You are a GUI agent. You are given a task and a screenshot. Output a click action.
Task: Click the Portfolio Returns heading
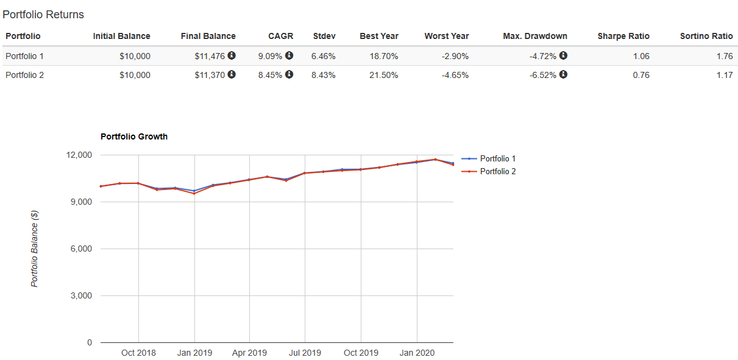pyautogui.click(x=43, y=14)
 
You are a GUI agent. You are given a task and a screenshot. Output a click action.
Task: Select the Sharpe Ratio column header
pyautogui.click(x=623, y=36)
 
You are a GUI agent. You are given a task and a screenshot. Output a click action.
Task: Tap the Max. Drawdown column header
pyautogui.click(x=535, y=36)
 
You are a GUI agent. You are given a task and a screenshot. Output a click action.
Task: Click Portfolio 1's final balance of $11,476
pyautogui.click(x=210, y=56)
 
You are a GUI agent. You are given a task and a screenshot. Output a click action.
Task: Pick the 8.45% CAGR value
pyautogui.click(x=270, y=76)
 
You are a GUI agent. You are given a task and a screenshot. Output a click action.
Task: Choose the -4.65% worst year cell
pyautogui.click(x=455, y=76)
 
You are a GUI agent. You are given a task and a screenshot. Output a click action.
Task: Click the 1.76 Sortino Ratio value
pyautogui.click(x=725, y=56)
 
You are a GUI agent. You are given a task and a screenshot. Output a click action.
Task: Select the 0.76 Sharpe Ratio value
pyautogui.click(x=641, y=76)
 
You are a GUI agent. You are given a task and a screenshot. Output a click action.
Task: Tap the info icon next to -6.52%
pyautogui.click(x=563, y=75)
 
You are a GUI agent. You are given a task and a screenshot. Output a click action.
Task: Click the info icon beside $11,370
pyautogui.click(x=232, y=75)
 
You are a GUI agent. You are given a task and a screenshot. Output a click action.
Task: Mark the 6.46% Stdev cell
pyautogui.click(x=323, y=56)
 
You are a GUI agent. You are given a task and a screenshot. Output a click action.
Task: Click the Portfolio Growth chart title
pyautogui.click(x=134, y=136)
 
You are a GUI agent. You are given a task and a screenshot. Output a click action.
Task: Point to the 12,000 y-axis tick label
pyautogui.click(x=79, y=155)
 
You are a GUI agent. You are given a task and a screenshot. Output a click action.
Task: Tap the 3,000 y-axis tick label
pyautogui.click(x=80, y=296)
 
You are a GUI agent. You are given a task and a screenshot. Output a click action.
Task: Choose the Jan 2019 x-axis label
pyautogui.click(x=194, y=353)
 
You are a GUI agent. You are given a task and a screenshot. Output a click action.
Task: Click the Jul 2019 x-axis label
pyautogui.click(x=305, y=353)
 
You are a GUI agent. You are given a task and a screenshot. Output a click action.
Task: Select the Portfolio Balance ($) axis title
pyautogui.click(x=35, y=249)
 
